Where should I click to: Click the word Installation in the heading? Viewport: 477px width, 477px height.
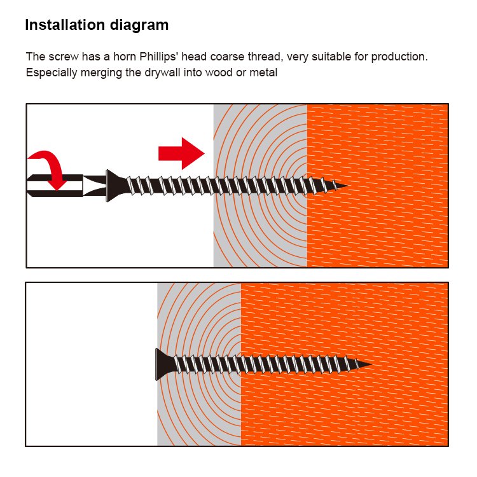[65, 25]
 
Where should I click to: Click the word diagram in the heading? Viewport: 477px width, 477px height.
[139, 25]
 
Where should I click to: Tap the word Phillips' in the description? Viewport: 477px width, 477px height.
[159, 57]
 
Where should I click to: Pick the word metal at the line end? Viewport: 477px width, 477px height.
[263, 73]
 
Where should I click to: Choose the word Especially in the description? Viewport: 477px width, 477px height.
[52, 73]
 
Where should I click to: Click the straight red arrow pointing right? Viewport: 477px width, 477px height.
[181, 153]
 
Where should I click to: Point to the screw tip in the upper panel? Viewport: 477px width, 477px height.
[346, 185]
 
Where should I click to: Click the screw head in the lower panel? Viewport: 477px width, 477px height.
[164, 364]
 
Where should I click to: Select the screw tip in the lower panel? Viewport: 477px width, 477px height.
[371, 364]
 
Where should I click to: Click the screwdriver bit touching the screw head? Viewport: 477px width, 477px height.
[95, 186]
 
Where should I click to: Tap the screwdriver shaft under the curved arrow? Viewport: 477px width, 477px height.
[55, 186]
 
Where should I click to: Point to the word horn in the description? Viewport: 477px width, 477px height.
[125, 57]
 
